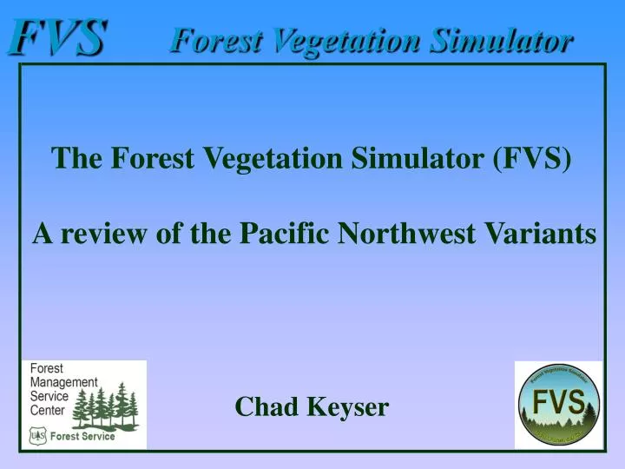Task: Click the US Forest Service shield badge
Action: click(37, 436)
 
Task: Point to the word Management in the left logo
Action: click(64, 382)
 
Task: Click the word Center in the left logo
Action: click(48, 409)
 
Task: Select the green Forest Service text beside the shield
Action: click(82, 436)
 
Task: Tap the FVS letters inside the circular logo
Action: click(558, 403)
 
